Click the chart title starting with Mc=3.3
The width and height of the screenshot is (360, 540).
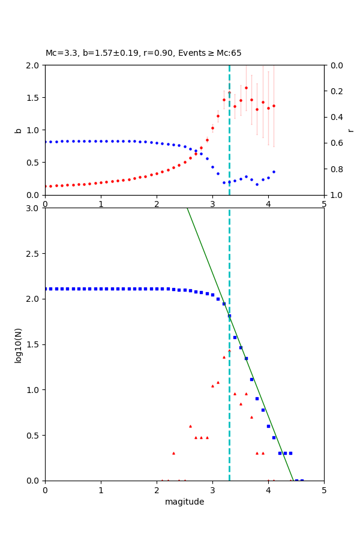pyautogui.click(x=143, y=53)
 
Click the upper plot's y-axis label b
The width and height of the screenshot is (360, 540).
pyautogui.click(x=18, y=130)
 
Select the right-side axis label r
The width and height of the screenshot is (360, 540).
pyautogui.click(x=350, y=130)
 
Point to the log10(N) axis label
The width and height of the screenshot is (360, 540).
pyautogui.click(x=18, y=344)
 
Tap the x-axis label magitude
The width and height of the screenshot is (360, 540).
pyautogui.click(x=184, y=502)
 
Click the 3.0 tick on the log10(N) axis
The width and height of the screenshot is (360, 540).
pyautogui.click(x=32, y=208)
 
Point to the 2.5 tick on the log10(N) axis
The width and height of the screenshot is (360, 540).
pyautogui.click(x=32, y=254)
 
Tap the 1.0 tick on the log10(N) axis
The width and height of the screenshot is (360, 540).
pyautogui.click(x=32, y=390)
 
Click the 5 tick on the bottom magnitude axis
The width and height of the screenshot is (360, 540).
pyautogui.click(x=324, y=490)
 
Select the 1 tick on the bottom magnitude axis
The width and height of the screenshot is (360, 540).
pyautogui.click(x=101, y=490)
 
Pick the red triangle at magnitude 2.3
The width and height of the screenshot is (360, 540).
pyautogui.click(x=173, y=453)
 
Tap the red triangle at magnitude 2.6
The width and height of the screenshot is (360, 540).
pyautogui.click(x=190, y=426)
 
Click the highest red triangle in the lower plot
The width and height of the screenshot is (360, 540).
pyautogui.click(x=229, y=350)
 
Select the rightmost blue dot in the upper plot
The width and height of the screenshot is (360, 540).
pyautogui.click(x=274, y=172)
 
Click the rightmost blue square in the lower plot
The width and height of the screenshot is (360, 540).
pyautogui.click(x=302, y=480)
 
